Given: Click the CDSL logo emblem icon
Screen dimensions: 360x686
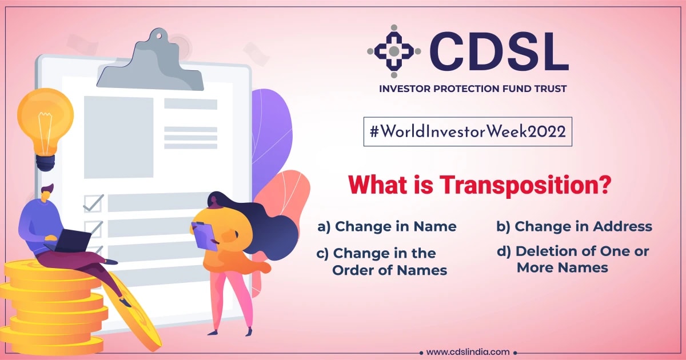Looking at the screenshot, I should tap(394, 51).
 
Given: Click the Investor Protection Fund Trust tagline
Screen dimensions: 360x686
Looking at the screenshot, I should tap(473, 89).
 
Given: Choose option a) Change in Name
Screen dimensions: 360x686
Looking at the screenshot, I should tap(387, 227).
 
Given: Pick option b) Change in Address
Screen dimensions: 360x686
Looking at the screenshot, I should tap(574, 227).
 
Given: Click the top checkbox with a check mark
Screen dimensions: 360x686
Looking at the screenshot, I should tap(93, 203).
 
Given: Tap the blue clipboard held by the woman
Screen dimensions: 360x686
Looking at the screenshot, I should tap(204, 234).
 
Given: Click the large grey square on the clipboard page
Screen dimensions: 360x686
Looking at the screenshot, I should tap(118, 137).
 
